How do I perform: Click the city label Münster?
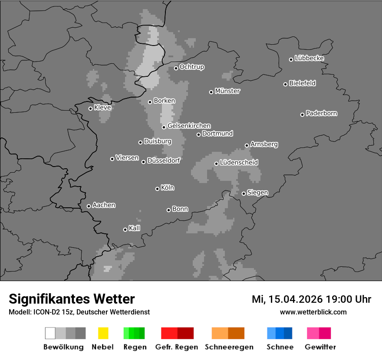pyautogui.click(x=227, y=91)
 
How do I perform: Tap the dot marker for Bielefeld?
pyautogui.click(x=286, y=84)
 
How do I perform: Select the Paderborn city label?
pyautogui.click(x=322, y=113)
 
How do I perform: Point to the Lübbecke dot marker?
pyautogui.click(x=291, y=59)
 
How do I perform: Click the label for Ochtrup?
pyautogui.click(x=192, y=67)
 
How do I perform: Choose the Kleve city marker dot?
pyautogui.click(x=90, y=108)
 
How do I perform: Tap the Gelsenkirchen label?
pyautogui.click(x=189, y=126)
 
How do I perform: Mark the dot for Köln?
pyautogui.click(x=157, y=189)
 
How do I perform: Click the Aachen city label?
pyautogui.click(x=104, y=205)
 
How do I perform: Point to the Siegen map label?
pyautogui.click(x=257, y=193)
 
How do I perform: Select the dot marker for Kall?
pyautogui.click(x=125, y=229)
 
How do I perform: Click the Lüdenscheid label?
pyautogui.click(x=239, y=163)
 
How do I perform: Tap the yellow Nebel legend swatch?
pyautogui.click(x=103, y=333)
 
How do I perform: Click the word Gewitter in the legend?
pyautogui.click(x=320, y=347)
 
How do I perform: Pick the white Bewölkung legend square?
pyautogui.click(x=50, y=333)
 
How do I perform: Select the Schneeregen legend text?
pyautogui.click(x=229, y=347)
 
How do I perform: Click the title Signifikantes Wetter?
pyautogui.click(x=72, y=299)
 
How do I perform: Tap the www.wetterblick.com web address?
pyautogui.click(x=313, y=312)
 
